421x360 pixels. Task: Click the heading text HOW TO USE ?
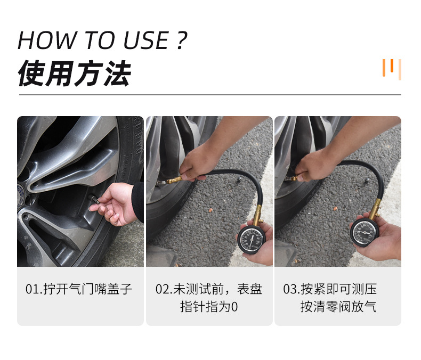pyautogui.click(x=102, y=40)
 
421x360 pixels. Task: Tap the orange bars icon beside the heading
pyautogui.click(x=391, y=69)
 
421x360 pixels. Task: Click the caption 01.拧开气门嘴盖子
pyautogui.click(x=79, y=289)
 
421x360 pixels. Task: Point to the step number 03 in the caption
pyautogui.click(x=290, y=289)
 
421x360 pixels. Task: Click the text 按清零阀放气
pyautogui.click(x=338, y=307)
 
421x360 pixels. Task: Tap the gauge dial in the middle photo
pyautogui.click(x=252, y=240)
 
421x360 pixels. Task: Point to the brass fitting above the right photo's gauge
pyautogui.click(x=376, y=208)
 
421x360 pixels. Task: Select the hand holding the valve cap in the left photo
pyautogui.click(x=116, y=202)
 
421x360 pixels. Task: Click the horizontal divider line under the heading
pyautogui.click(x=210, y=95)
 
